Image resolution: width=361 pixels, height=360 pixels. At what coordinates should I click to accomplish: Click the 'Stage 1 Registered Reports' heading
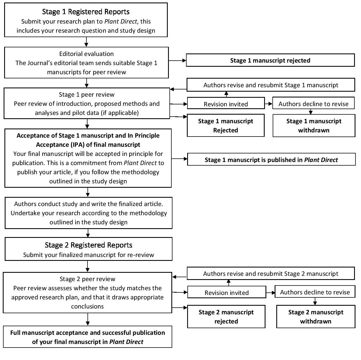[86, 12]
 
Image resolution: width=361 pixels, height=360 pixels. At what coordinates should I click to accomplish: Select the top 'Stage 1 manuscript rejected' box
[270, 60]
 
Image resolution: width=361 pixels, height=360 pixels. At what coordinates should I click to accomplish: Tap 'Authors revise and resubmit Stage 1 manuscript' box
[271, 85]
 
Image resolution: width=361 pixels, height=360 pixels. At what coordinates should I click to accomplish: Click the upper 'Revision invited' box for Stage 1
[226, 103]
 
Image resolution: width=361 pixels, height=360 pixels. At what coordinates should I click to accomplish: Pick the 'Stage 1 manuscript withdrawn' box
[314, 125]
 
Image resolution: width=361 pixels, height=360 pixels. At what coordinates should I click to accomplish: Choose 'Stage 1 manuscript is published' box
[271, 160]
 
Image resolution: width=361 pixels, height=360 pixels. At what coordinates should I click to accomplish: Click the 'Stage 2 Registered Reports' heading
[88, 245]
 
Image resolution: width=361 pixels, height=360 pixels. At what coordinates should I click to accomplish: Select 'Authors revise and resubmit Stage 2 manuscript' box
[271, 273]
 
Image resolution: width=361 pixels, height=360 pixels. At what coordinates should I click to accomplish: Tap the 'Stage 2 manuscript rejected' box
[226, 317]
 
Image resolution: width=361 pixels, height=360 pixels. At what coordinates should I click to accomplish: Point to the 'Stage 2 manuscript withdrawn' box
[316, 317]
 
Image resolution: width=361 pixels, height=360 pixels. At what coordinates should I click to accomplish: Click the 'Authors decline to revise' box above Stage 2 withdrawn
[315, 292]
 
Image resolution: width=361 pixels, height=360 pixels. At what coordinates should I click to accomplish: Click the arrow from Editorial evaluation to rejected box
[177, 61]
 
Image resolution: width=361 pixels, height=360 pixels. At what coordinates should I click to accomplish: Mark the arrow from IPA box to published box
[179, 159]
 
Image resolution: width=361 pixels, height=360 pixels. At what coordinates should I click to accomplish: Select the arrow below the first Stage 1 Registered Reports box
[86, 42]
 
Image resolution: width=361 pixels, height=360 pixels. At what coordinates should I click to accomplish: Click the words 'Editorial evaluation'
[86, 54]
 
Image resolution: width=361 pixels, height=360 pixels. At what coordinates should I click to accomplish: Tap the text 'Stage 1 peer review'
[87, 94]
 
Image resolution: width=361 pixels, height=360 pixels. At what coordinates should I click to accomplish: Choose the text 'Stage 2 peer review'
[87, 279]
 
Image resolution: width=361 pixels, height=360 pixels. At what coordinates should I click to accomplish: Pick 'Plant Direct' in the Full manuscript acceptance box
[126, 342]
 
